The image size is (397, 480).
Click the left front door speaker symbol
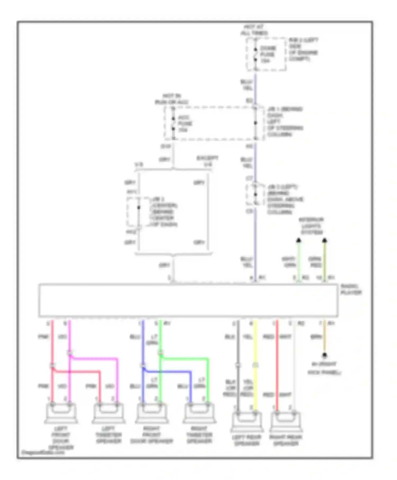(x=61, y=413)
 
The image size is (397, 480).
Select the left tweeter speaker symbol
(x=108, y=413)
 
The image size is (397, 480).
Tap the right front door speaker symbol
(x=151, y=413)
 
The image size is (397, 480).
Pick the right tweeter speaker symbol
(x=199, y=413)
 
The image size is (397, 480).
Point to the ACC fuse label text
(x=185, y=124)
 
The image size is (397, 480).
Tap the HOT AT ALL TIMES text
(x=254, y=30)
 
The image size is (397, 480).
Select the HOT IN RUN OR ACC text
(x=172, y=99)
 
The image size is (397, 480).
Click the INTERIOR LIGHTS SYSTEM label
(x=312, y=226)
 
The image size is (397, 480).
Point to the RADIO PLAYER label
(x=351, y=289)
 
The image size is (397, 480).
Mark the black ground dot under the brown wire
(x=324, y=355)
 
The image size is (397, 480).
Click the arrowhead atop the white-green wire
(x=299, y=240)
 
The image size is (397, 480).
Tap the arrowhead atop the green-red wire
(x=324, y=240)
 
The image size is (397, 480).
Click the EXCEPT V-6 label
(x=207, y=161)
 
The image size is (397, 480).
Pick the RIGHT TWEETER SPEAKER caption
(x=199, y=435)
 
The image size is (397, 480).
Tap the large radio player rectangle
(x=188, y=300)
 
